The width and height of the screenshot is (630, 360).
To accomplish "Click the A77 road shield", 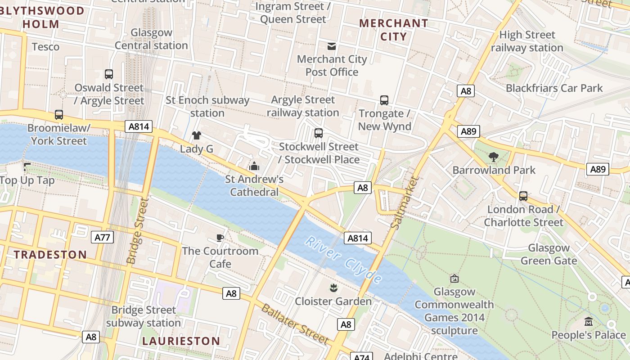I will click(x=102, y=238).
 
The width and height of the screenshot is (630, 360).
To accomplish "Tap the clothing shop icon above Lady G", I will click(x=196, y=135).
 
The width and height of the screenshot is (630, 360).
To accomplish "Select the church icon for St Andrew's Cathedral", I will click(x=254, y=166).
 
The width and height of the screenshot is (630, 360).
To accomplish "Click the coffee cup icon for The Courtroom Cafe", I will click(x=220, y=238).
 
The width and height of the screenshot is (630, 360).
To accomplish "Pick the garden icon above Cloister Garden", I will click(x=333, y=288).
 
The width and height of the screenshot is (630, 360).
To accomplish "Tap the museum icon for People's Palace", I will click(x=588, y=322).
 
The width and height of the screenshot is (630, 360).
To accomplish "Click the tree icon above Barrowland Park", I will click(x=494, y=157).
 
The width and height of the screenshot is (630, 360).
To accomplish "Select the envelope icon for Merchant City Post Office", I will click(x=332, y=46).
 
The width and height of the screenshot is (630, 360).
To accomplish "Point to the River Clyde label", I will click(x=343, y=260).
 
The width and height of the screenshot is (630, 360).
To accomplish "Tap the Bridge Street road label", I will click(x=137, y=231).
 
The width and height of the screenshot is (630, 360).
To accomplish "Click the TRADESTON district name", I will click(x=50, y=255).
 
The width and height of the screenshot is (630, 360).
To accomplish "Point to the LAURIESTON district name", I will click(x=181, y=341).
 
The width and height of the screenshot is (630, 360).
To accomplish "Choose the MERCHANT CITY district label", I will click(x=394, y=30).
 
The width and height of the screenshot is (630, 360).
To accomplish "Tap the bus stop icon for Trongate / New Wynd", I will click(x=384, y=100).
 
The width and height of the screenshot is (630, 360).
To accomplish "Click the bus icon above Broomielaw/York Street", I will click(x=59, y=115).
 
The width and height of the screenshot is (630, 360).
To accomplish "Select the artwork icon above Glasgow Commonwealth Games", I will click(x=454, y=279).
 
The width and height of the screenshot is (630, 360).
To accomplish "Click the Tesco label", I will click(x=45, y=47).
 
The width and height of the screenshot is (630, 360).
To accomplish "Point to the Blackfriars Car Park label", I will click(x=554, y=88).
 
